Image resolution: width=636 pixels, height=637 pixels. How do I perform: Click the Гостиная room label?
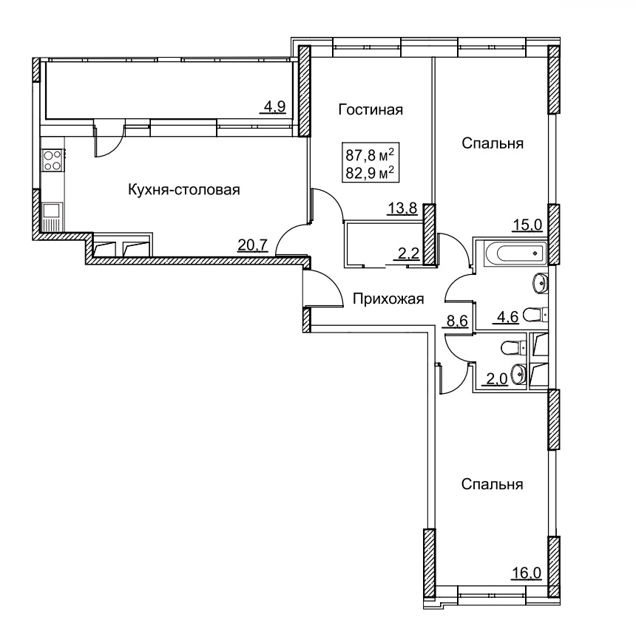(x=371, y=109)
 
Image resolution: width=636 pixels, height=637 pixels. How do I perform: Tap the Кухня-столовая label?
(x=184, y=189)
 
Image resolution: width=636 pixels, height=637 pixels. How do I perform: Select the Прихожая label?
(x=388, y=299)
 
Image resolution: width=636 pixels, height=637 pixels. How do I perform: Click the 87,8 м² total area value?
(x=370, y=154)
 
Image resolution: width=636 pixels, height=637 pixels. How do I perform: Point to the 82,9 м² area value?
(x=370, y=174)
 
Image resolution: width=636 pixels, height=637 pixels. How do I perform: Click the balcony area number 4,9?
(x=275, y=107)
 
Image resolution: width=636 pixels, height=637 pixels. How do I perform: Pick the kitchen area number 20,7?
(x=252, y=245)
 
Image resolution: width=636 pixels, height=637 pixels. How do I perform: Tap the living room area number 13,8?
(x=402, y=208)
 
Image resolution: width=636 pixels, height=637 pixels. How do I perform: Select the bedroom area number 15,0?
(x=527, y=224)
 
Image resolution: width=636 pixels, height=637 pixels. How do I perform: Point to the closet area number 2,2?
(x=408, y=253)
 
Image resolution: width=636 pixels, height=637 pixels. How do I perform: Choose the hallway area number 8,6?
(x=458, y=321)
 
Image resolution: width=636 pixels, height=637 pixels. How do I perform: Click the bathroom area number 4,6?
(x=507, y=316)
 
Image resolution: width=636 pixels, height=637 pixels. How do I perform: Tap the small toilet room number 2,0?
(x=497, y=379)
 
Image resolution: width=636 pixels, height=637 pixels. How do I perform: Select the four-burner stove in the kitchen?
(x=53, y=160)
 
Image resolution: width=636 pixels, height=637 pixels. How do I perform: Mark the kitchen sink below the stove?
(x=52, y=211)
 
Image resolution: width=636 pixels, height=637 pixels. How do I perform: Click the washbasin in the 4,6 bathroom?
(x=540, y=282)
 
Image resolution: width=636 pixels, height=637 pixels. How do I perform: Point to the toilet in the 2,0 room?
(x=513, y=348)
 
